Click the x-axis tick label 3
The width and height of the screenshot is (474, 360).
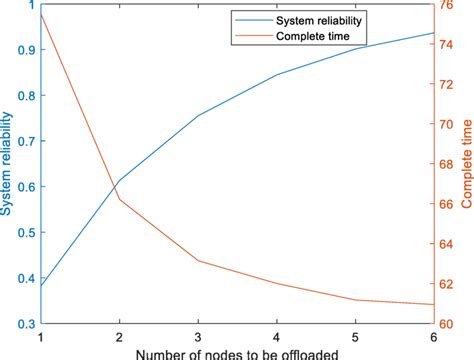(199, 337)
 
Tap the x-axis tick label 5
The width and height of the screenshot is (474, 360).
(356, 337)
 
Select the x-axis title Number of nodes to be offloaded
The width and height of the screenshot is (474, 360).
(236, 353)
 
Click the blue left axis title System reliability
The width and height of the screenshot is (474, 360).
(8, 165)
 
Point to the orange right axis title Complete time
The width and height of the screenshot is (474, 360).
(467, 165)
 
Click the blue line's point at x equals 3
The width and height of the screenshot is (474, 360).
(199, 115)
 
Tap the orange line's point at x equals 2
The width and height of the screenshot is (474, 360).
(120, 199)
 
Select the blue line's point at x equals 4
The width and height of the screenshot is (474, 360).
(277, 74)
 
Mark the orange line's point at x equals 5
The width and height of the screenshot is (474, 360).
(356, 300)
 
